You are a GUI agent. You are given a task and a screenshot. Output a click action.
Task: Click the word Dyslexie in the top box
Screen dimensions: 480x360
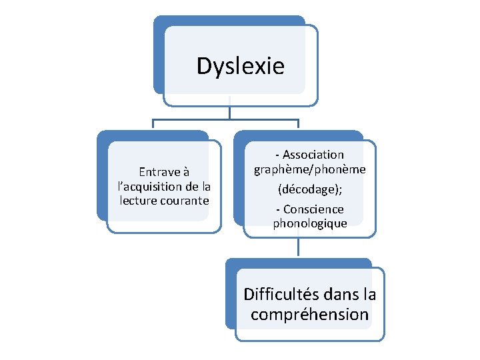pos(240,66)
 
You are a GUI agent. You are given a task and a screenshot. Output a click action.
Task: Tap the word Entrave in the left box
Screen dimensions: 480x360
pos(159,172)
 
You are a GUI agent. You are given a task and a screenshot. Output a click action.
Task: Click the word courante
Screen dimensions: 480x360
pos(185,200)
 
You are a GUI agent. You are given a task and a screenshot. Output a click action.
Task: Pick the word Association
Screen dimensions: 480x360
pos(313,155)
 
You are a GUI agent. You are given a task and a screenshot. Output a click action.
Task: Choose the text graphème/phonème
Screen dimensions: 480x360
pos(309,169)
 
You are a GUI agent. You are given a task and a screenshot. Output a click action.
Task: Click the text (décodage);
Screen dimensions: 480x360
pos(309,190)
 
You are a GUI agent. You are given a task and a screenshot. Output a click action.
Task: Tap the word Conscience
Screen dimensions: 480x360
pos(313,209)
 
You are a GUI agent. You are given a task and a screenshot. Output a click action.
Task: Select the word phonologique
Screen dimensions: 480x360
pos(309,223)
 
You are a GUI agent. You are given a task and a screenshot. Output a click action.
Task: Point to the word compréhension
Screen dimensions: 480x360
pos(309,314)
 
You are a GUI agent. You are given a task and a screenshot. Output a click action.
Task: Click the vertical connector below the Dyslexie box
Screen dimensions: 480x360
pos(229,112)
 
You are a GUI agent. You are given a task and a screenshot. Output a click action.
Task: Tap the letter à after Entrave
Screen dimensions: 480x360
pos(186,172)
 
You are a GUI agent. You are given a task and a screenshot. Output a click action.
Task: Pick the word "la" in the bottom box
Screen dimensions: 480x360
pos(369,294)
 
